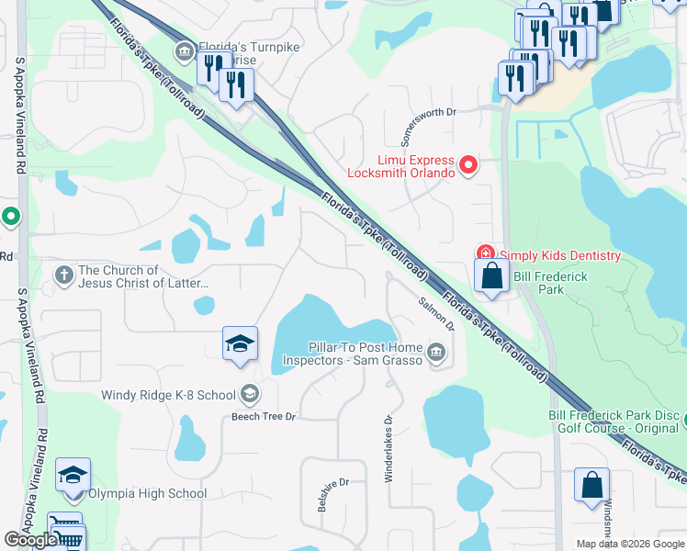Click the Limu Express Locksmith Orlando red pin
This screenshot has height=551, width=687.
[468, 165]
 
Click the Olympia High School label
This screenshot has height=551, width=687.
[154, 493]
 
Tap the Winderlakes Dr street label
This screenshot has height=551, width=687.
[389, 446]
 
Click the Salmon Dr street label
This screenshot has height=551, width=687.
[436, 313]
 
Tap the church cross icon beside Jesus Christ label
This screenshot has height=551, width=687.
[63, 275]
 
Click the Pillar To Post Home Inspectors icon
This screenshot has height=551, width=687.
[436, 350]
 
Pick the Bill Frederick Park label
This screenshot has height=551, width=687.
[538, 283]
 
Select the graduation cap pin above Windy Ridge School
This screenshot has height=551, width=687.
[241, 345]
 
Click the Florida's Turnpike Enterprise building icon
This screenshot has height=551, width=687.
[184, 50]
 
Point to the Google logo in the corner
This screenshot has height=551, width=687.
[30, 540]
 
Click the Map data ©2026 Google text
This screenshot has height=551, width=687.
[629, 544]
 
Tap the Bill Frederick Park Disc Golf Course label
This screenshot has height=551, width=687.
[614, 422]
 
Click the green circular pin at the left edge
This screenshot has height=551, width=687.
[10, 218]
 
